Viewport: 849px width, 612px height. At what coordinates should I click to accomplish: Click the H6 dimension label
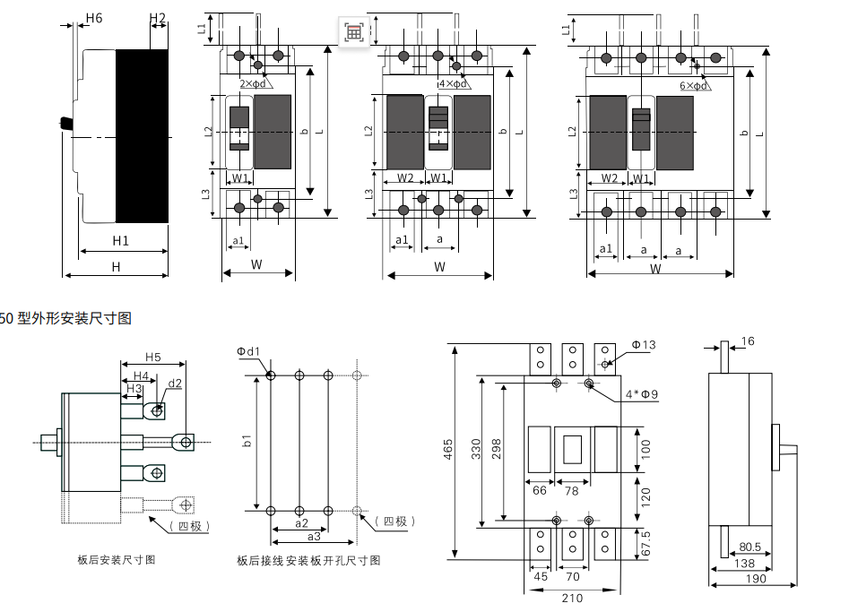(93, 18)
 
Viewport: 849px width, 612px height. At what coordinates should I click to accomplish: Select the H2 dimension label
(158, 18)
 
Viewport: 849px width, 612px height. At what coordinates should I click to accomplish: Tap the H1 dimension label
(121, 240)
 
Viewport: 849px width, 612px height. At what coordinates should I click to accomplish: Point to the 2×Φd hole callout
(252, 83)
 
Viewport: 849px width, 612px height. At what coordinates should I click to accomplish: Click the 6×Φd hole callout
(694, 85)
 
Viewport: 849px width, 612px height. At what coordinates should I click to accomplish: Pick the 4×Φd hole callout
(453, 83)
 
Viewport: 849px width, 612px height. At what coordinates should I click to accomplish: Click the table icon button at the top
(354, 32)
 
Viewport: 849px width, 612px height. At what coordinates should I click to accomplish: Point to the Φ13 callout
(644, 345)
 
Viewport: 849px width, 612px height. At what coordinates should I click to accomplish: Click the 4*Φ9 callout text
(641, 394)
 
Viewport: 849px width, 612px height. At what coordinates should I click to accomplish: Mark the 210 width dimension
(572, 597)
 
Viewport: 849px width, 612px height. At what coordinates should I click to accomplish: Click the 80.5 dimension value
(749, 546)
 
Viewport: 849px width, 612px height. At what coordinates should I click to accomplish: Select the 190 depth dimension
(753, 580)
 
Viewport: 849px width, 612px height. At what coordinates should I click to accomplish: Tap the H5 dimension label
(152, 357)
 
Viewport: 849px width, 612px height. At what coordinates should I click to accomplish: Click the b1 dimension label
(247, 442)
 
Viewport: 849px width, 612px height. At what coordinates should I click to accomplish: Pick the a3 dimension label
(314, 536)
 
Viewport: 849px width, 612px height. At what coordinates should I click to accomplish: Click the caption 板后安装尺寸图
(117, 560)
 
